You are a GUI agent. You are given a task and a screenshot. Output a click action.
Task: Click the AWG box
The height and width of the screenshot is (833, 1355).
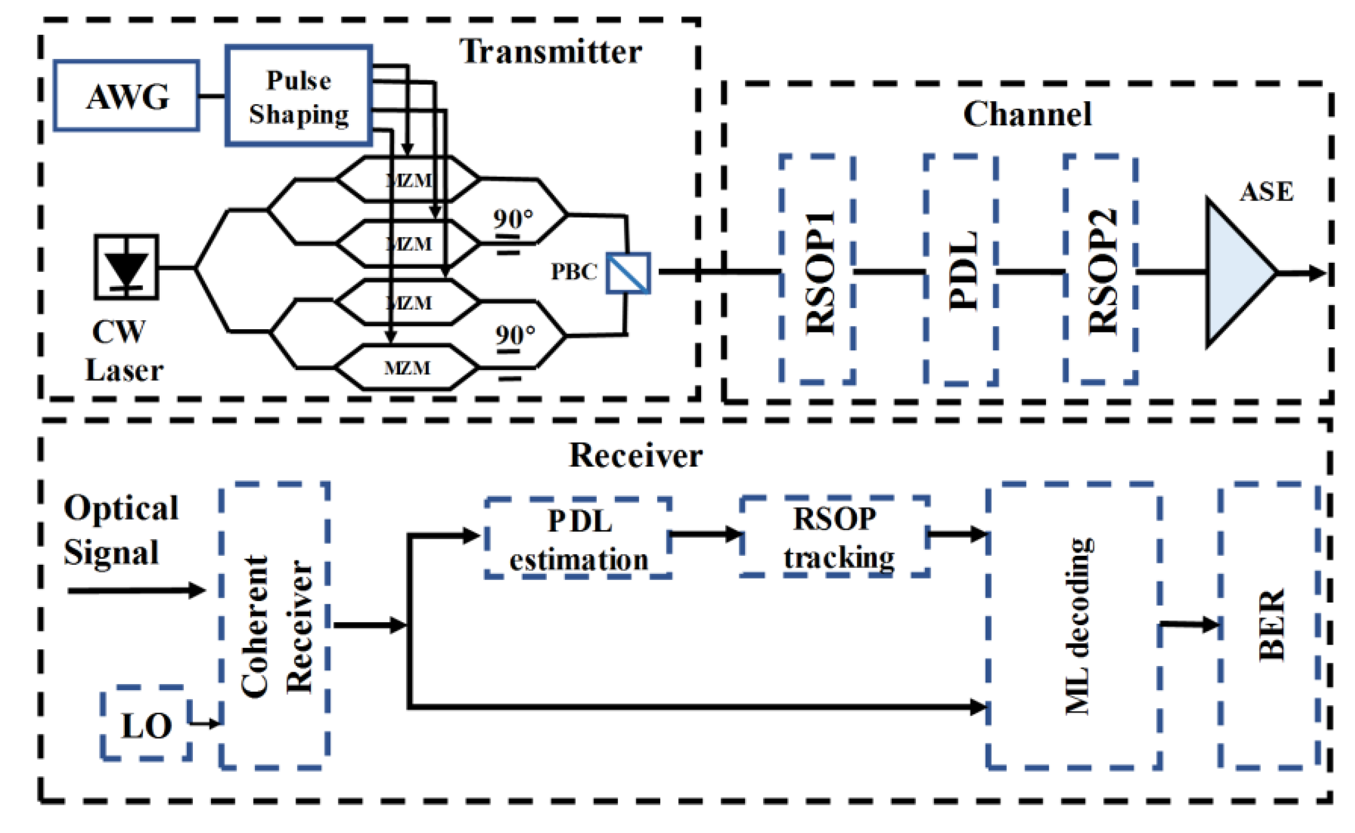(126, 96)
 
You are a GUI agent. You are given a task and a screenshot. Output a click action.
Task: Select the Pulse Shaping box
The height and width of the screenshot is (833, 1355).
(299, 96)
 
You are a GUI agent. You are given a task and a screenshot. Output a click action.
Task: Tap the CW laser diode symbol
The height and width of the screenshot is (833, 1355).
(126, 267)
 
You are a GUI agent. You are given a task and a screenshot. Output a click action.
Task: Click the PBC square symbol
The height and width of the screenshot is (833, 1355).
(628, 272)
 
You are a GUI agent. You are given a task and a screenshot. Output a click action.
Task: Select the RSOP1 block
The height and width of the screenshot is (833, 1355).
(818, 270)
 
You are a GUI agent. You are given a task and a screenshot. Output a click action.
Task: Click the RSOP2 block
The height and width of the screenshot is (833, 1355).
(1101, 270)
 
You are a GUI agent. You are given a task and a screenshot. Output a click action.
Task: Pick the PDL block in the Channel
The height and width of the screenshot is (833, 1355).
(961, 270)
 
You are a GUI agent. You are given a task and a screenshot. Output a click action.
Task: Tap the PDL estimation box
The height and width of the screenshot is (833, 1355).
(578, 538)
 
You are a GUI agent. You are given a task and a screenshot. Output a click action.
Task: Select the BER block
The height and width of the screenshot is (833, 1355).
(1270, 625)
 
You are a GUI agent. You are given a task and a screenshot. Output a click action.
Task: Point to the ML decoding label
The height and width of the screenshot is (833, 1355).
(1077, 625)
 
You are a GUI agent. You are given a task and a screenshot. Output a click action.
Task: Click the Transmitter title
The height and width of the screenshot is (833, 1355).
(551, 52)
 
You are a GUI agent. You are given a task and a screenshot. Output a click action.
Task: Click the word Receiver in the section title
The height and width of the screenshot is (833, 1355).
(635, 456)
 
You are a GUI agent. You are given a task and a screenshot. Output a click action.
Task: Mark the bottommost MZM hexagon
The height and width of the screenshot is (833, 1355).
(407, 367)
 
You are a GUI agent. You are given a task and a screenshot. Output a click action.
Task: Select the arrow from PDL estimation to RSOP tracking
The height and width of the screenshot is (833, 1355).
(706, 534)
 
